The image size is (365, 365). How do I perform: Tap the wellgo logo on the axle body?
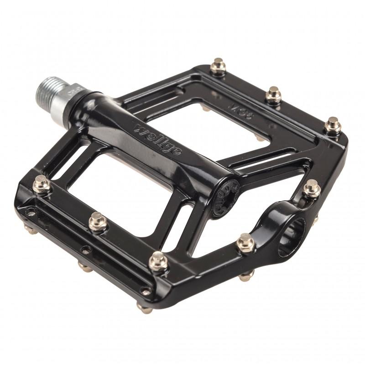158,139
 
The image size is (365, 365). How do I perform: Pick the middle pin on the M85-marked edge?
274,94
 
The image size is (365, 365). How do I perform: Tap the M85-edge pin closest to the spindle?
218,67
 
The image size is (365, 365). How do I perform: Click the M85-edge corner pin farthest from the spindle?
332,125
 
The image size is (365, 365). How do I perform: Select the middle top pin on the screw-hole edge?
98,222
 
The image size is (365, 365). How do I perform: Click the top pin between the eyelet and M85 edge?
312,188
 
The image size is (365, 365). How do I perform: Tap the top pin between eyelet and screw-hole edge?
245,242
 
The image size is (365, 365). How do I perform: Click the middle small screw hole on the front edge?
85,249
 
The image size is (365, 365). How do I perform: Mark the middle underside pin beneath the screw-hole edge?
85,267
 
